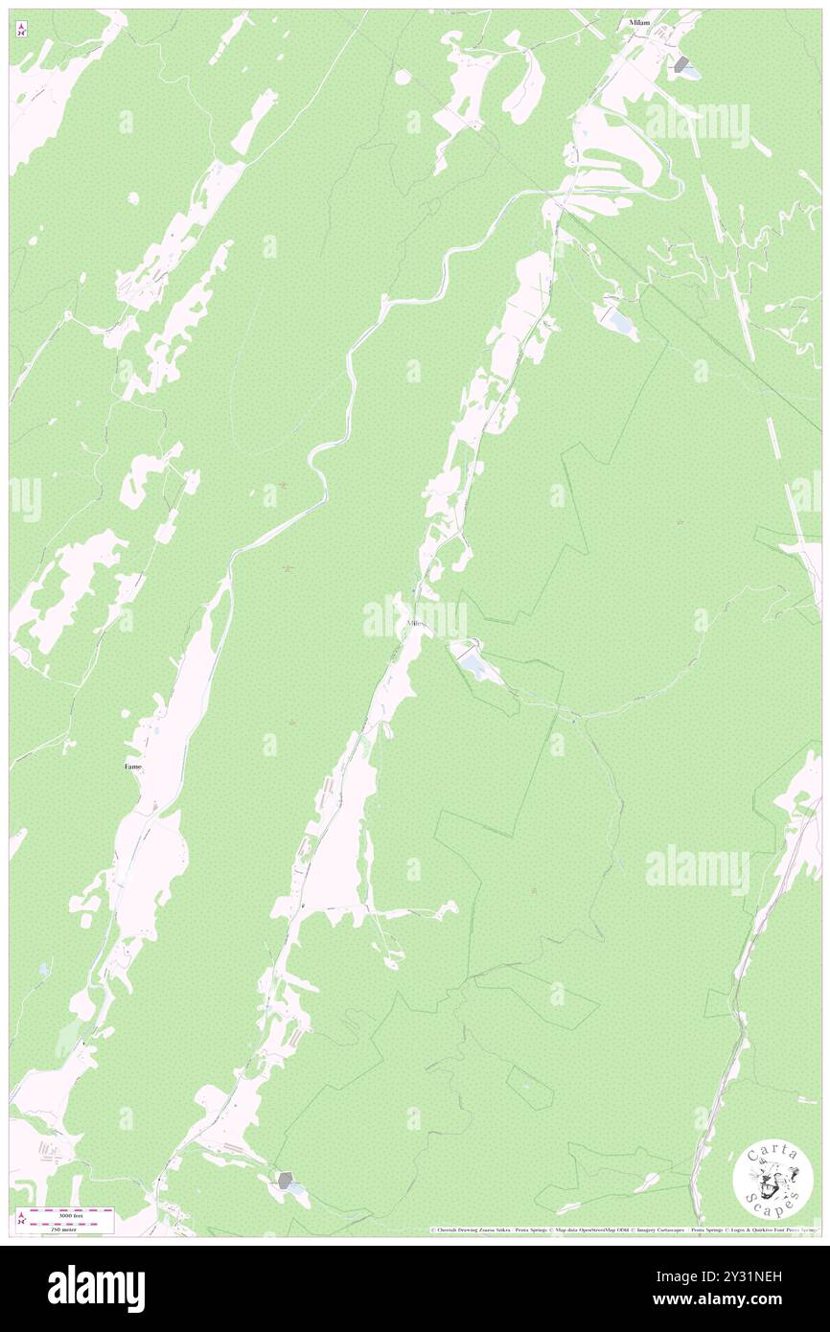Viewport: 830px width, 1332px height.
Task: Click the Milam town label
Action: click(639, 21)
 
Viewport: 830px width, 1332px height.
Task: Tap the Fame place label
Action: click(133, 767)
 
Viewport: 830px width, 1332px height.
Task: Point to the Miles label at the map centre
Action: click(415, 624)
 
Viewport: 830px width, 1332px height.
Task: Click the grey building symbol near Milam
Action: click(682, 64)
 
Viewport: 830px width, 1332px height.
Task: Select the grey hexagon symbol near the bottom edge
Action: click(285, 1181)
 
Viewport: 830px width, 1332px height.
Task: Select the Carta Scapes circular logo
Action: click(773, 1180)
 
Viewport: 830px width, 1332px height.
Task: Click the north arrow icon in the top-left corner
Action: click(21, 31)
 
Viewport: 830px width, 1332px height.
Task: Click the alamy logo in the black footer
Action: click(96, 1287)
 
